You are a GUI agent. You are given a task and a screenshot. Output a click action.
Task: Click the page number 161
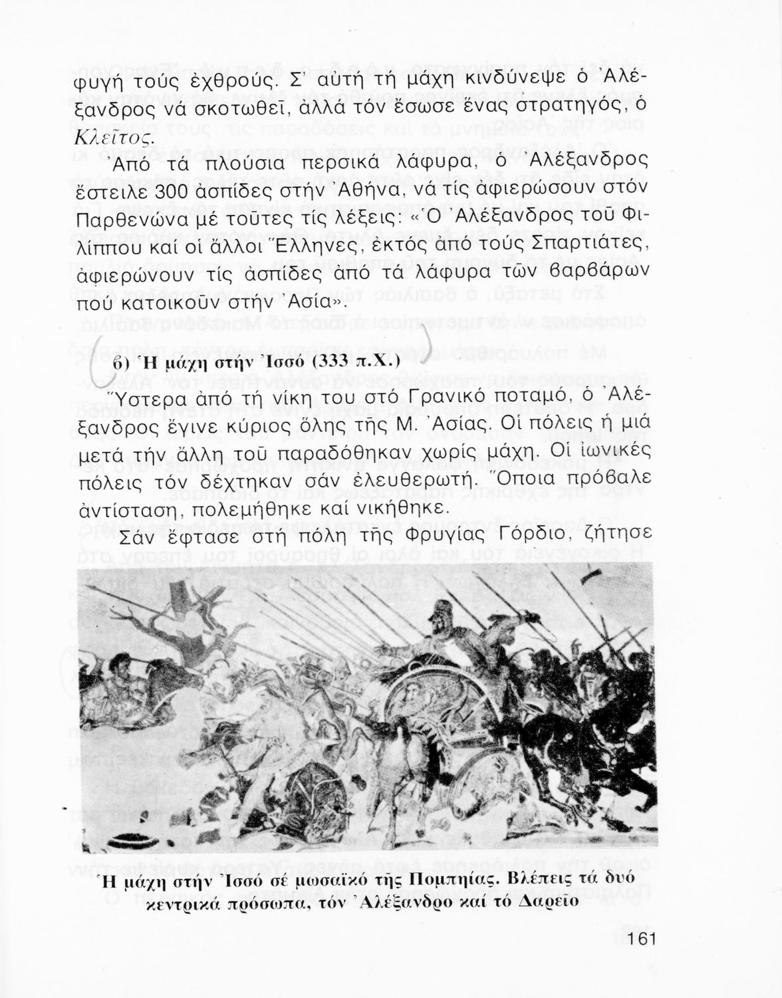coord(640,939)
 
